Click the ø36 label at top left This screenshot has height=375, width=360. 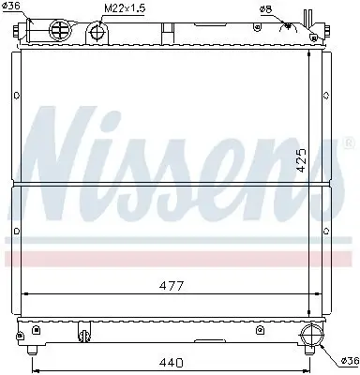point(12,8)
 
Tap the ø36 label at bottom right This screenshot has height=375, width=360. point(348,359)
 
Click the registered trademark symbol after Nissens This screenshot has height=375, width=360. point(351,142)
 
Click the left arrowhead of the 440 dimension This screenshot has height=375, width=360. point(35,354)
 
